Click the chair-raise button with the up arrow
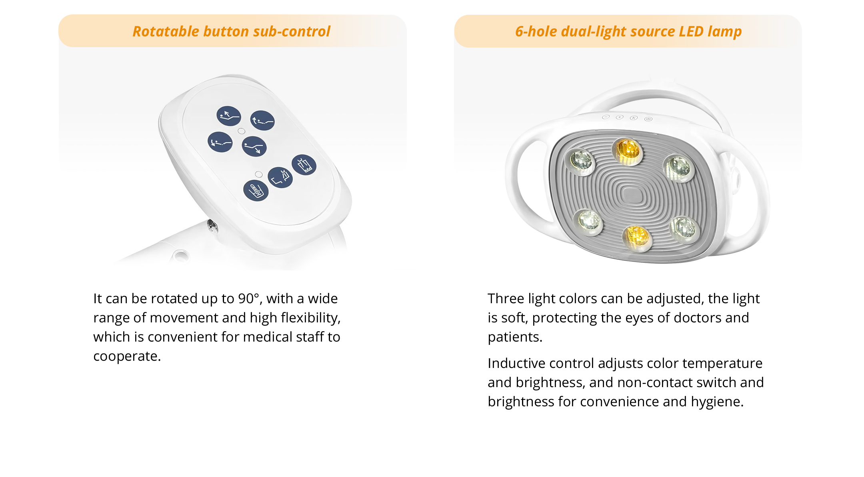coord(229,116)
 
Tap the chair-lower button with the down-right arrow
coord(254,146)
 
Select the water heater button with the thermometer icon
coord(256,191)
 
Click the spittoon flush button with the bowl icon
coord(304,165)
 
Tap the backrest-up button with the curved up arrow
coord(262,120)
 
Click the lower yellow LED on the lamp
coord(637,238)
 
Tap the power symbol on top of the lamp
coord(648,119)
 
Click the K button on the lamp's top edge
coord(634,118)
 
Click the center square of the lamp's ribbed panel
coord(632,195)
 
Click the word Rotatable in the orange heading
coord(166,31)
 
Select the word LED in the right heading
coord(691,31)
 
